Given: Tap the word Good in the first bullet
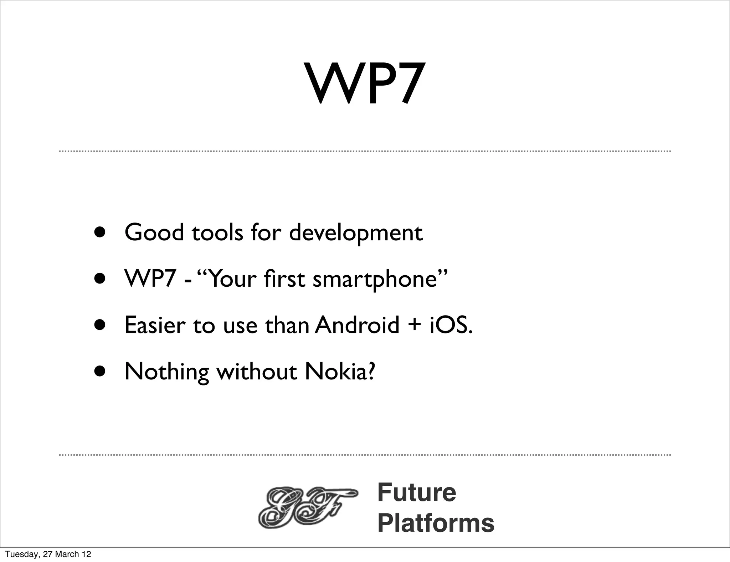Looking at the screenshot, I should (154, 233).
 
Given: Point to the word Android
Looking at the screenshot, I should (357, 325).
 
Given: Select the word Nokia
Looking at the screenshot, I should (340, 372).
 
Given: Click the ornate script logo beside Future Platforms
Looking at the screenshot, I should (307, 508).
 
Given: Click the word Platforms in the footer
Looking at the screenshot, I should (436, 523).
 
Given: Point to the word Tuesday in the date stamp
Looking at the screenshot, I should (22, 554).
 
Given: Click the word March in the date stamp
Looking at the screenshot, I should (68, 554).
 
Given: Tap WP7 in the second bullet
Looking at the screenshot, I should (150, 279).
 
